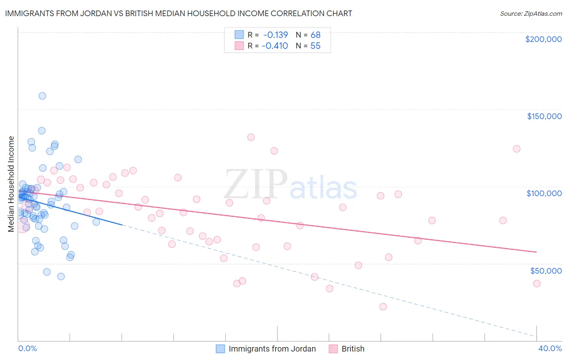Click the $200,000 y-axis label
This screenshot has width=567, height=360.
click(x=543, y=39)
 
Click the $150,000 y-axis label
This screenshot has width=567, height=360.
click(x=544, y=116)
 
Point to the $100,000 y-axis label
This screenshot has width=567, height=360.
click(x=544, y=193)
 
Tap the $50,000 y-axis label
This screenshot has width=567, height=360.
click(x=546, y=270)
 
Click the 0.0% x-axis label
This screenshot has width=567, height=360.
click(x=27, y=348)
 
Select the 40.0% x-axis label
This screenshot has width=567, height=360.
click(x=550, y=348)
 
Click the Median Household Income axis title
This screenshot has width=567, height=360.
click(x=11, y=184)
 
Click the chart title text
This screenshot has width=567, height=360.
click(x=179, y=13)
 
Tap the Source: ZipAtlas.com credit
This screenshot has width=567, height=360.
click(x=531, y=14)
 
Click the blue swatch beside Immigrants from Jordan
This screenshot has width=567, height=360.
click(x=220, y=349)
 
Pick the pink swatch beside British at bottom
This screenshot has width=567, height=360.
click(x=333, y=349)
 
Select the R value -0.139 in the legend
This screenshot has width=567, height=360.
click(x=275, y=35)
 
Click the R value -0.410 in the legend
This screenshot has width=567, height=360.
click(x=275, y=46)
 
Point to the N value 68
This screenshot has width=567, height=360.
click(x=315, y=35)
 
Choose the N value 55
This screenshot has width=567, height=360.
click(x=315, y=46)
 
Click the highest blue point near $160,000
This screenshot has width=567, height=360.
click(x=42, y=96)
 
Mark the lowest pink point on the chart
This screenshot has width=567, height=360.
click(x=383, y=307)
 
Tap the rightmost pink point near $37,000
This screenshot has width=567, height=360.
click(x=537, y=283)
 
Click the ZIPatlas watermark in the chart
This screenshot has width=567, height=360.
click(x=290, y=185)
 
